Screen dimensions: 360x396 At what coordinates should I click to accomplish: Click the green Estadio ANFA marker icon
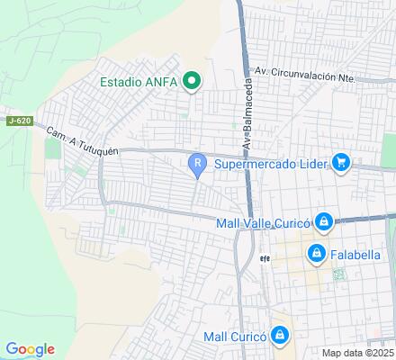click(191, 82)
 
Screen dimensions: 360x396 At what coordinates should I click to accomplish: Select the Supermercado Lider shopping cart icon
click(340, 163)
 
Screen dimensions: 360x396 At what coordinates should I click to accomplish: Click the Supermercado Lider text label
click(271, 163)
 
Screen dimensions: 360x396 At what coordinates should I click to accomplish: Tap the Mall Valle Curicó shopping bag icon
click(325, 222)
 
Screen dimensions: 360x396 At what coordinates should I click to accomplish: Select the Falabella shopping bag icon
click(315, 255)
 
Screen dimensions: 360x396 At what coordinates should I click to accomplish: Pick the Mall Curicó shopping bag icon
click(280, 337)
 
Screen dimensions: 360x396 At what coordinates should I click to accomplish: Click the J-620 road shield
click(17, 121)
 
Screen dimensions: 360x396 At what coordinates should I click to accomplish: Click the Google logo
click(30, 349)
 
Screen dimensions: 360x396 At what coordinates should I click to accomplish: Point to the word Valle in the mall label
click(262, 222)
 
